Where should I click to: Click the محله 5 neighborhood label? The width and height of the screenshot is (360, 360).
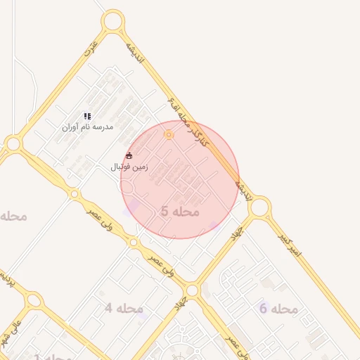tap(180, 211)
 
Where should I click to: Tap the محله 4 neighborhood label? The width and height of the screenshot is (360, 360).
tap(124, 308)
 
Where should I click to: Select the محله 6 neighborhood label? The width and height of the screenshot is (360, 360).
tap(278, 309)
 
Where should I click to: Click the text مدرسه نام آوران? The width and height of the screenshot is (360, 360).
tap(87, 127)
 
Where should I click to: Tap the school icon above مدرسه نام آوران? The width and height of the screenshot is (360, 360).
tap(87, 116)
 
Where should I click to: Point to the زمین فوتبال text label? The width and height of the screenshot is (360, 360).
tap(129, 167)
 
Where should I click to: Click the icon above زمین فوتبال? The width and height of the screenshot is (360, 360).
tap(129, 155)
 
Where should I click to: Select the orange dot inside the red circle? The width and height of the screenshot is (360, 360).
tap(168, 134)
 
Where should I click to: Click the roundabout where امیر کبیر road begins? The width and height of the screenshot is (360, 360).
tap(259, 207)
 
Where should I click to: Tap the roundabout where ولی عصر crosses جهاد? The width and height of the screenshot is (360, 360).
tap(191, 290)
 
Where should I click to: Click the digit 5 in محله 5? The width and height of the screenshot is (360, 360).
tap(165, 211)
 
